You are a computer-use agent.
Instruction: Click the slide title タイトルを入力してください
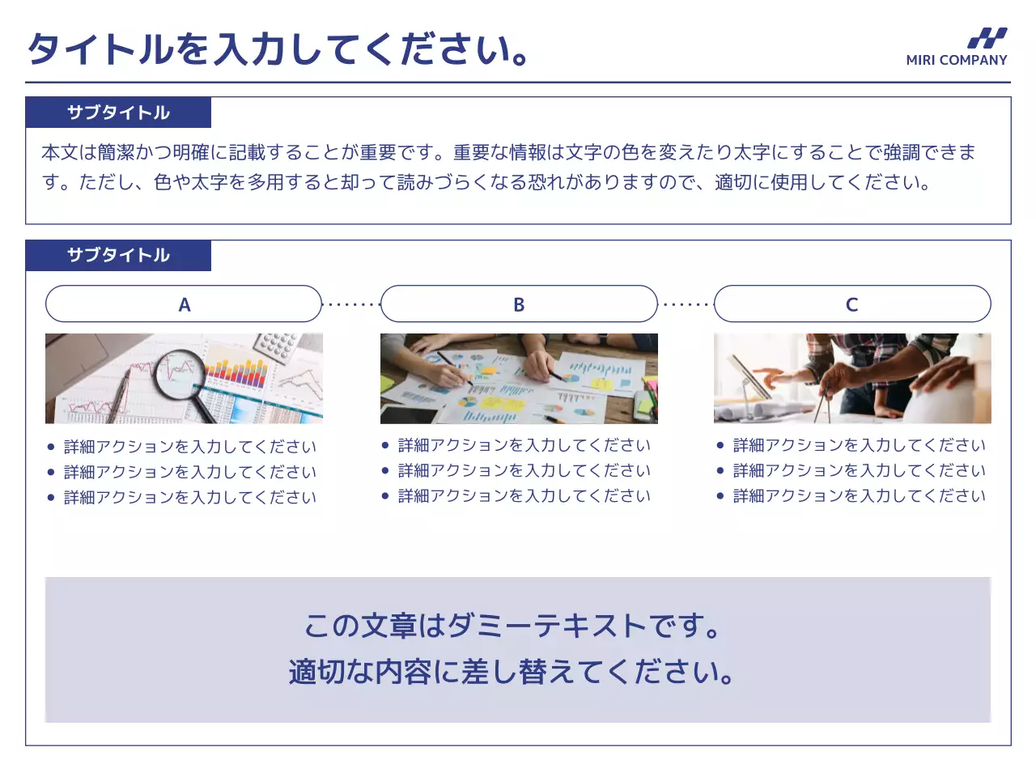coord(279,49)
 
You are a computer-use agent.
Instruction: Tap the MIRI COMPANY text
coord(956,60)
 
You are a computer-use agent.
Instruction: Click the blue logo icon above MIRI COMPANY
coord(987,38)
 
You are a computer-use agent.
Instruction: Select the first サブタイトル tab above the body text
coord(118,113)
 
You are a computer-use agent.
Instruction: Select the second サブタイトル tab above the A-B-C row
coord(118,255)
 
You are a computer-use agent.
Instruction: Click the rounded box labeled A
coord(184,304)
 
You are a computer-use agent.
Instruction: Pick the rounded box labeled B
coord(519,304)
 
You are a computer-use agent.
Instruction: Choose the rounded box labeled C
coord(852,304)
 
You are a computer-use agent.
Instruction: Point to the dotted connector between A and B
coord(351,305)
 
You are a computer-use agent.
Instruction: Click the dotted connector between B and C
coord(686,305)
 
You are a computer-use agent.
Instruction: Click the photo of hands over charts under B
coord(519,379)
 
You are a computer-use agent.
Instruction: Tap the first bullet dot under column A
coord(51,447)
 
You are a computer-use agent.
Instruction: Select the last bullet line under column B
coord(524,495)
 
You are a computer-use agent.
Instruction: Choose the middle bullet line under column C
coord(859,470)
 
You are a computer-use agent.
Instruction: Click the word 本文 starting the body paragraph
coord(59,152)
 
